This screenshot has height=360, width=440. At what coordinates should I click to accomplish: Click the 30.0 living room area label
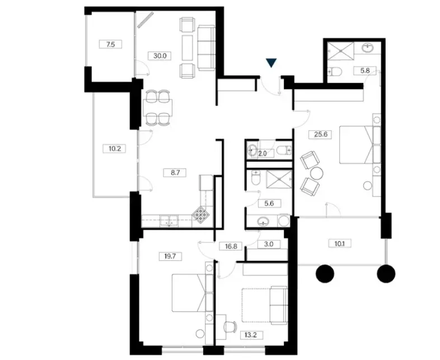click(x=160, y=55)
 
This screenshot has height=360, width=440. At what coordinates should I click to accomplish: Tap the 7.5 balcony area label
click(x=111, y=44)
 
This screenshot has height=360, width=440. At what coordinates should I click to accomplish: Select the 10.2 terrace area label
click(x=115, y=148)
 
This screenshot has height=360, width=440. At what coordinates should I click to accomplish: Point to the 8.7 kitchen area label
click(x=175, y=172)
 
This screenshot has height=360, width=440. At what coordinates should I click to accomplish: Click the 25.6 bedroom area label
click(x=320, y=134)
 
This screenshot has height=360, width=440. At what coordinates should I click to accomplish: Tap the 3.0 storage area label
click(x=269, y=244)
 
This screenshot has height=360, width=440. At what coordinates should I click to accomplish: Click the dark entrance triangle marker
click(x=272, y=63)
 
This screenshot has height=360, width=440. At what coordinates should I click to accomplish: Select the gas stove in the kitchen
click(x=201, y=215)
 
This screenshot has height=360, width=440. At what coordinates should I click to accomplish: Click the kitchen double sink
click(x=169, y=221)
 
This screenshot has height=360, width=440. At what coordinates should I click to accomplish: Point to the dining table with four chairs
click(x=158, y=107)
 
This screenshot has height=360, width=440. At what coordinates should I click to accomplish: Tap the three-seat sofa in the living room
click(x=206, y=48)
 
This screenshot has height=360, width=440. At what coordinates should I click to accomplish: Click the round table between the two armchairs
click(x=317, y=174)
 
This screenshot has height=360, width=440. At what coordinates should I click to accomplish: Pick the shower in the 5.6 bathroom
click(x=279, y=180)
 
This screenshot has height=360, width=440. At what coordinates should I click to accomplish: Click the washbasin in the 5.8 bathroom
click(x=368, y=48)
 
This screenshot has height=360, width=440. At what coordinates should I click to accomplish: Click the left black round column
click(x=325, y=273)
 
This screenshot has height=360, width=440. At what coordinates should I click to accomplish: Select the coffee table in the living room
click(x=187, y=48)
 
